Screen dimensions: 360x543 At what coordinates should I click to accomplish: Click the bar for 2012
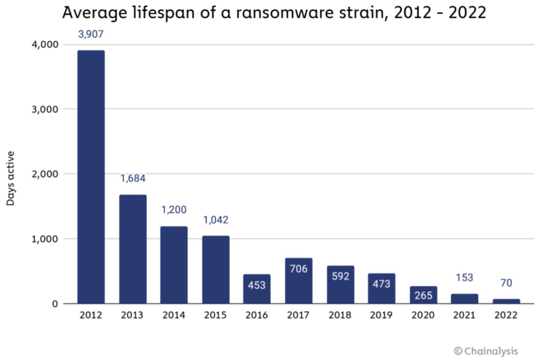(90, 177)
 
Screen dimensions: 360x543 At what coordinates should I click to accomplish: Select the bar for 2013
(133, 249)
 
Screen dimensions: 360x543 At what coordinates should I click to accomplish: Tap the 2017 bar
(298, 281)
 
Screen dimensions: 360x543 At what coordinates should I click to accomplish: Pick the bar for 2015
(216, 270)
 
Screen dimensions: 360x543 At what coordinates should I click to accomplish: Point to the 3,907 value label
(90, 34)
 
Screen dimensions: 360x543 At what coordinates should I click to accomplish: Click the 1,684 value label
(133, 179)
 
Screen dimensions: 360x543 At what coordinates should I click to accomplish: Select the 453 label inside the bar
(257, 285)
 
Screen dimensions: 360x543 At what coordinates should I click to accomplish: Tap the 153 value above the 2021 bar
(464, 277)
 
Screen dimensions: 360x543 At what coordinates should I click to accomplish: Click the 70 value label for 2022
(506, 283)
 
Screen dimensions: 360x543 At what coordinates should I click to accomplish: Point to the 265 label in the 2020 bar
(423, 295)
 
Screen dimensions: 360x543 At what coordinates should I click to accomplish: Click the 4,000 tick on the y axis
(45, 45)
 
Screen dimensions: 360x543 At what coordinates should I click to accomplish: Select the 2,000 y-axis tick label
(45, 174)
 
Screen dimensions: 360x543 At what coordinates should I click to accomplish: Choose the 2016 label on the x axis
(257, 315)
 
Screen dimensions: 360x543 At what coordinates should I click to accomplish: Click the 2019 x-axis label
(382, 315)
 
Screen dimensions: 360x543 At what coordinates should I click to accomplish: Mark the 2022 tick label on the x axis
(506, 315)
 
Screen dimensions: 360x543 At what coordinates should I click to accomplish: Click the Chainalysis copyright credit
(485, 351)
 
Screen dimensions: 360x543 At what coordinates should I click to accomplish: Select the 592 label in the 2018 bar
(340, 276)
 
